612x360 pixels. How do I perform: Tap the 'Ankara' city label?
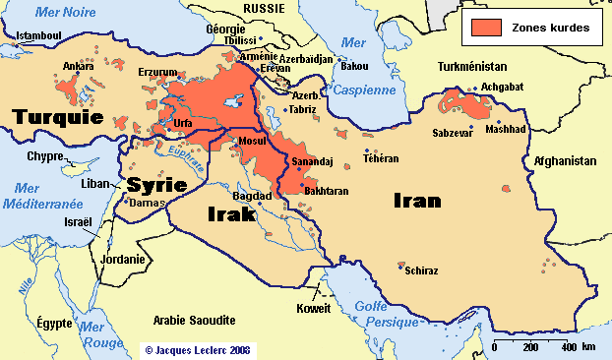[x=79, y=67]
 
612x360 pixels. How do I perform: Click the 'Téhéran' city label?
[x=381, y=157]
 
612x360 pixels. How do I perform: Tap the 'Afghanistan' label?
[x=565, y=160]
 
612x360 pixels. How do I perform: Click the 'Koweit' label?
[x=314, y=308]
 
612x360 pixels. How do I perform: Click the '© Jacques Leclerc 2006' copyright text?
[x=197, y=348]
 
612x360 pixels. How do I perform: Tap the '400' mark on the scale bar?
[x=569, y=347]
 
